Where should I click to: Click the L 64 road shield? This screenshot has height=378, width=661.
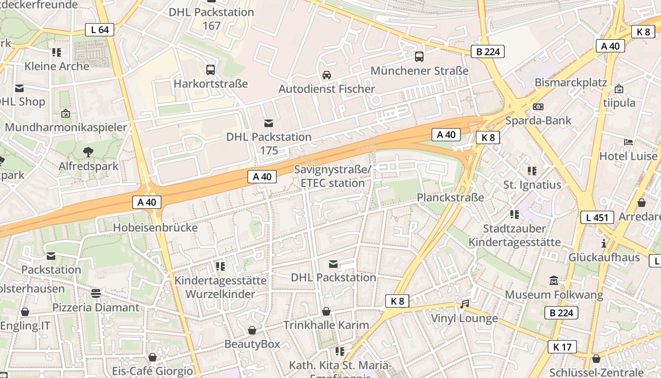pyautogui.click(x=100, y=30)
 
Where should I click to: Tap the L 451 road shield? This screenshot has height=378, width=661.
pyautogui.click(x=597, y=217)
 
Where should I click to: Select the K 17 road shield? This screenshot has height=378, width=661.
pyautogui.click(x=562, y=347)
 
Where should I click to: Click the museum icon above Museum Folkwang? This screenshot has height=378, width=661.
pyautogui.click(x=554, y=280)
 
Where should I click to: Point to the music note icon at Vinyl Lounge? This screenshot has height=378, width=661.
pyautogui.click(x=465, y=304)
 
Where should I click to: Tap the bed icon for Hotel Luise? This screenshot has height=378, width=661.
pyautogui.click(x=628, y=142)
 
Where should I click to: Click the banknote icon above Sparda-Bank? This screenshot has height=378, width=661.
pyautogui.click(x=538, y=107)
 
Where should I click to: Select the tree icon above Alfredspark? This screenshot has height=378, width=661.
pyautogui.click(x=88, y=152)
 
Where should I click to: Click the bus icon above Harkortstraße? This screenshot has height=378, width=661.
pyautogui.click(x=211, y=70)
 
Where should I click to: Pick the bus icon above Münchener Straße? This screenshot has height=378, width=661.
pyautogui.click(x=419, y=57)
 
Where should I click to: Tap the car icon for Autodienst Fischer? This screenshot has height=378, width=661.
pyautogui.click(x=326, y=75)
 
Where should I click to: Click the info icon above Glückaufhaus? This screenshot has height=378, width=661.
pyautogui.click(x=603, y=243)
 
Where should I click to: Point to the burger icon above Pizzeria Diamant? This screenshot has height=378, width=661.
pyautogui.click(x=96, y=293)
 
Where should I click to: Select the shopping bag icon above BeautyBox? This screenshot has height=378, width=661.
pyautogui.click(x=252, y=330)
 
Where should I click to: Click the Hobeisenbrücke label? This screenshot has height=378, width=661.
pyautogui.click(x=155, y=228)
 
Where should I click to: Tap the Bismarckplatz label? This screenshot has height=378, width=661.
pyautogui.click(x=570, y=83)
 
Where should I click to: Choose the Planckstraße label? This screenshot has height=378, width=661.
pyautogui.click(x=450, y=198)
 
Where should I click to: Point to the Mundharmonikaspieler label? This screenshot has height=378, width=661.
pyautogui.click(x=66, y=128)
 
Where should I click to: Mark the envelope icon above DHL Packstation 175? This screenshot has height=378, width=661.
pyautogui.click(x=269, y=123)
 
